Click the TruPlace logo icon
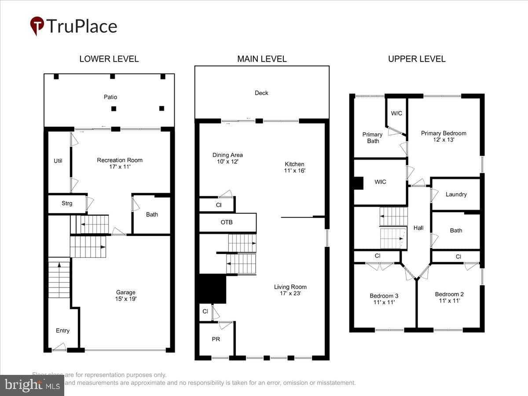pyautogui.click(x=37, y=26)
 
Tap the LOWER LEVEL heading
pyautogui.click(x=109, y=59)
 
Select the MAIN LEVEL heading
pyautogui.click(x=262, y=59)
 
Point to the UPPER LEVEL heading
pyautogui.click(x=417, y=59)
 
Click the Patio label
pyautogui.click(x=110, y=97)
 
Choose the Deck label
pyautogui.click(x=261, y=93)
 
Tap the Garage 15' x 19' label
pyautogui.click(x=126, y=295)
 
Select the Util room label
pyautogui.click(x=58, y=161)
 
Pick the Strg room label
pyautogui.click(x=67, y=203)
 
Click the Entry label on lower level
pyautogui.click(x=62, y=330)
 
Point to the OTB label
pyautogui.click(x=227, y=222)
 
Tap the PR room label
pyautogui.click(x=216, y=339)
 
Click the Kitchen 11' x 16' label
pyautogui.click(x=294, y=167)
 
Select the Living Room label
pyautogui.click(x=290, y=290)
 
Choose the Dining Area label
pyautogui.click(x=227, y=158)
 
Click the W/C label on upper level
pyautogui.click(x=396, y=113)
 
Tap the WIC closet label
pyautogui.click(x=381, y=182)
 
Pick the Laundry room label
pyautogui.click(x=456, y=194)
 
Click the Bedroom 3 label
pyautogui.click(x=384, y=299)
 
